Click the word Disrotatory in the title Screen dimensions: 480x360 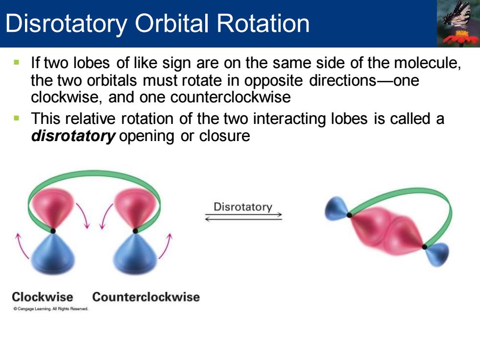[x=66, y=24]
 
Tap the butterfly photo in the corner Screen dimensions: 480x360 [x=458, y=24]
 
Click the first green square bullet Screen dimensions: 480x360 [x=17, y=63]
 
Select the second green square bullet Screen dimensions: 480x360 [x=17, y=118]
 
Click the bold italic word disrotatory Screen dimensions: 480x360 [x=73, y=136]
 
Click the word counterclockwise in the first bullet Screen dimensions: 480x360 [x=230, y=97]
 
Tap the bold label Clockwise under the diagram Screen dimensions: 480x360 [x=43, y=297]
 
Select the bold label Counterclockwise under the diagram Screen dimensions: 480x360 [x=146, y=297]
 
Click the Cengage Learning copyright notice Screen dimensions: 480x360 [x=51, y=309]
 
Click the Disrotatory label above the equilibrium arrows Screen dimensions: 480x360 [x=243, y=207]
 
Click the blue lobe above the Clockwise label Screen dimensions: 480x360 [x=53, y=254]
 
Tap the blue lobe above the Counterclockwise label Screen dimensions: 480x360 [x=135, y=254]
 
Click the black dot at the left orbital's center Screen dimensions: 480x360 [x=53, y=231]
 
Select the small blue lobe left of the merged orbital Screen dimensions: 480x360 [x=336, y=209]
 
